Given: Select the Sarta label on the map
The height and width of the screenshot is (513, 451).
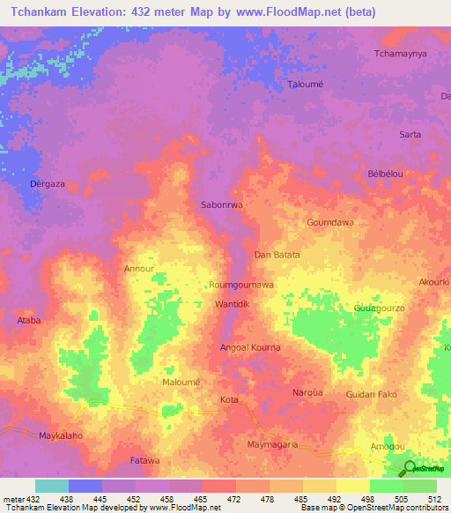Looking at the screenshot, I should point(410,134).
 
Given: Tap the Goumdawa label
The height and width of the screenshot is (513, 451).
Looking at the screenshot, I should point(329,223).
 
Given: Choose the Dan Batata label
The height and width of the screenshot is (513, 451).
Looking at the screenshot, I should point(277,255).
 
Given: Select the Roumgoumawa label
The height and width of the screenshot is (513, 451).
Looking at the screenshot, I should point(241,285).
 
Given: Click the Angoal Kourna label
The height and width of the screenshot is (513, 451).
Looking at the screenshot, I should point(250,347).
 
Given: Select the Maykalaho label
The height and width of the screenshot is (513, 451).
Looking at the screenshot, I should point(61,436).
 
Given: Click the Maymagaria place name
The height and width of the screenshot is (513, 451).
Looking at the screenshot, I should point(273,443).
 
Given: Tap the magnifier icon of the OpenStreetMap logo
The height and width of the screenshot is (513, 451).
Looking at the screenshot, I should point(410,469).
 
